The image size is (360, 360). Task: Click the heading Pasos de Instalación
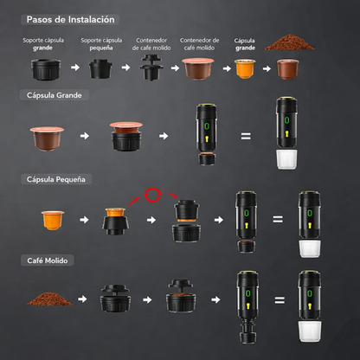point(70,18)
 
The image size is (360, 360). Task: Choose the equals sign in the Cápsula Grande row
point(246,136)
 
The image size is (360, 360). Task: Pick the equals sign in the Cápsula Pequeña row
point(278,220)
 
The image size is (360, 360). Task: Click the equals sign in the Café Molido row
point(278,301)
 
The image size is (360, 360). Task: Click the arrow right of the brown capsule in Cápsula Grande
point(85,136)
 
